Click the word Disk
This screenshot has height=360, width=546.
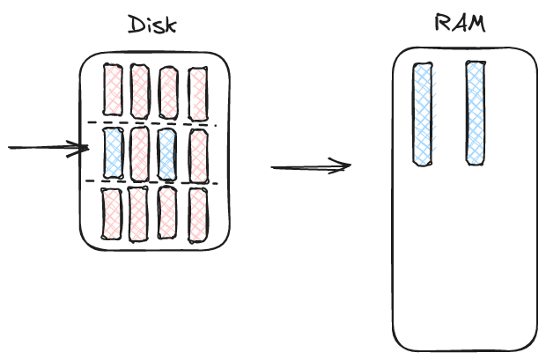[152, 24]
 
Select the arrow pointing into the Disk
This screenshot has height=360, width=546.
[48, 148]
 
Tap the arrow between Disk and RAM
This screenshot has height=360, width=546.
[310, 166]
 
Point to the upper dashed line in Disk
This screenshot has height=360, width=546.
[150, 123]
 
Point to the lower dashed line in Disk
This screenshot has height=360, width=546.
[150, 182]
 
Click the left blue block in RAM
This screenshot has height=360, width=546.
[424, 114]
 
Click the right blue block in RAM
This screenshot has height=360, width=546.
[476, 113]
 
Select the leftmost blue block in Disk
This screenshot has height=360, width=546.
[113, 153]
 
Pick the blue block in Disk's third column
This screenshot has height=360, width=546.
[167, 154]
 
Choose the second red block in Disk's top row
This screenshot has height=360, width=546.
[140, 92]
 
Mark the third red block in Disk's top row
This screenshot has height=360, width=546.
[169, 92]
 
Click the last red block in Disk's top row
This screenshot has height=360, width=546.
[197, 92]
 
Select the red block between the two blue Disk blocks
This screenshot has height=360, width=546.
[139, 154]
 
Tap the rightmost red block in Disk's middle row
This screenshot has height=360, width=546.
[197, 155]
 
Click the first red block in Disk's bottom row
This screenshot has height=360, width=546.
[112, 213]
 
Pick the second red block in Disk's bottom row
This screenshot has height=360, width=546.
[138, 214]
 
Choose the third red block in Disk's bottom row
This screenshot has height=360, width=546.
[166, 214]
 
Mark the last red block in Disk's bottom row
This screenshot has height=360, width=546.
[197, 214]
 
